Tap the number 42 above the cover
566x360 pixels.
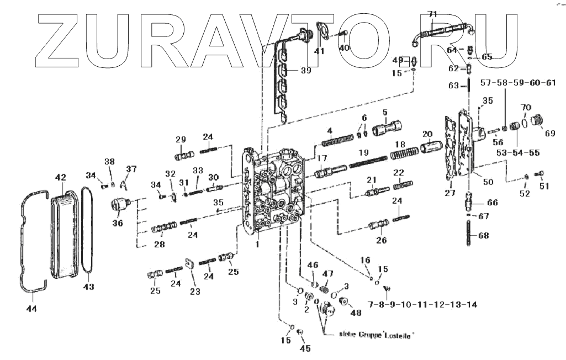click(x=60, y=177)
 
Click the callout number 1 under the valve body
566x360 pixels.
click(x=257, y=244)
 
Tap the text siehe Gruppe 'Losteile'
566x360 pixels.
click(x=376, y=335)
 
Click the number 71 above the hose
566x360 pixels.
click(x=432, y=13)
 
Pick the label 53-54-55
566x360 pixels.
click(x=517, y=152)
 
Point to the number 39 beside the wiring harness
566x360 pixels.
click(x=305, y=70)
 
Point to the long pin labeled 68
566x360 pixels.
click(x=469, y=235)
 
